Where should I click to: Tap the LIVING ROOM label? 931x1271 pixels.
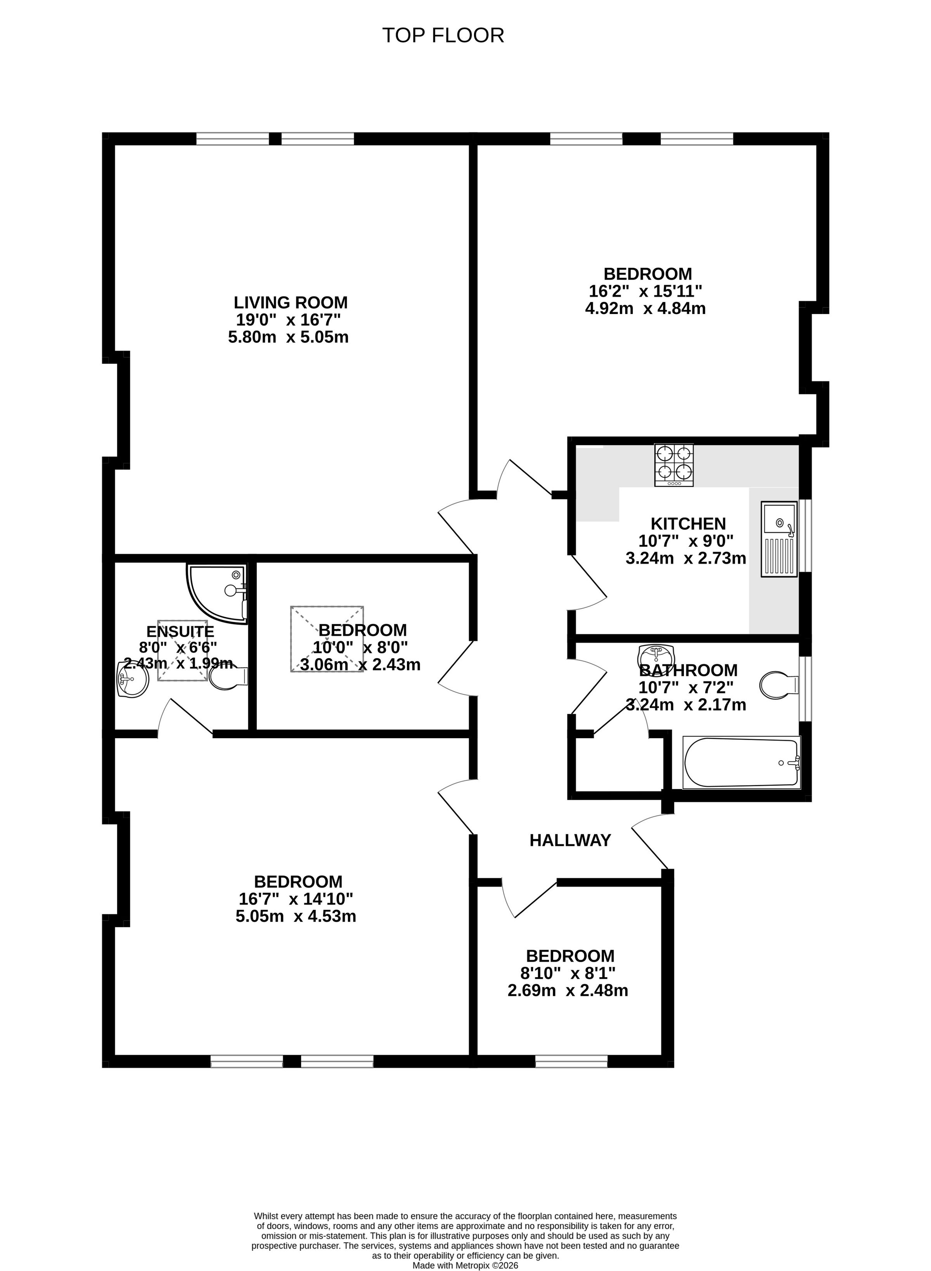291,302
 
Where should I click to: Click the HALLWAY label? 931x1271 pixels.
570,840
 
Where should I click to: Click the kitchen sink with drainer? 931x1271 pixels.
779,539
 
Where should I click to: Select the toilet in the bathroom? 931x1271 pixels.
779,685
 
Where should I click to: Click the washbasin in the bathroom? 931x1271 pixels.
656,657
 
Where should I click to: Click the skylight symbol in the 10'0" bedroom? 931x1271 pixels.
327,639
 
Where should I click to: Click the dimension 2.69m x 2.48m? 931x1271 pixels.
568,990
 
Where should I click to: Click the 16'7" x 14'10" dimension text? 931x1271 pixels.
296,898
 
